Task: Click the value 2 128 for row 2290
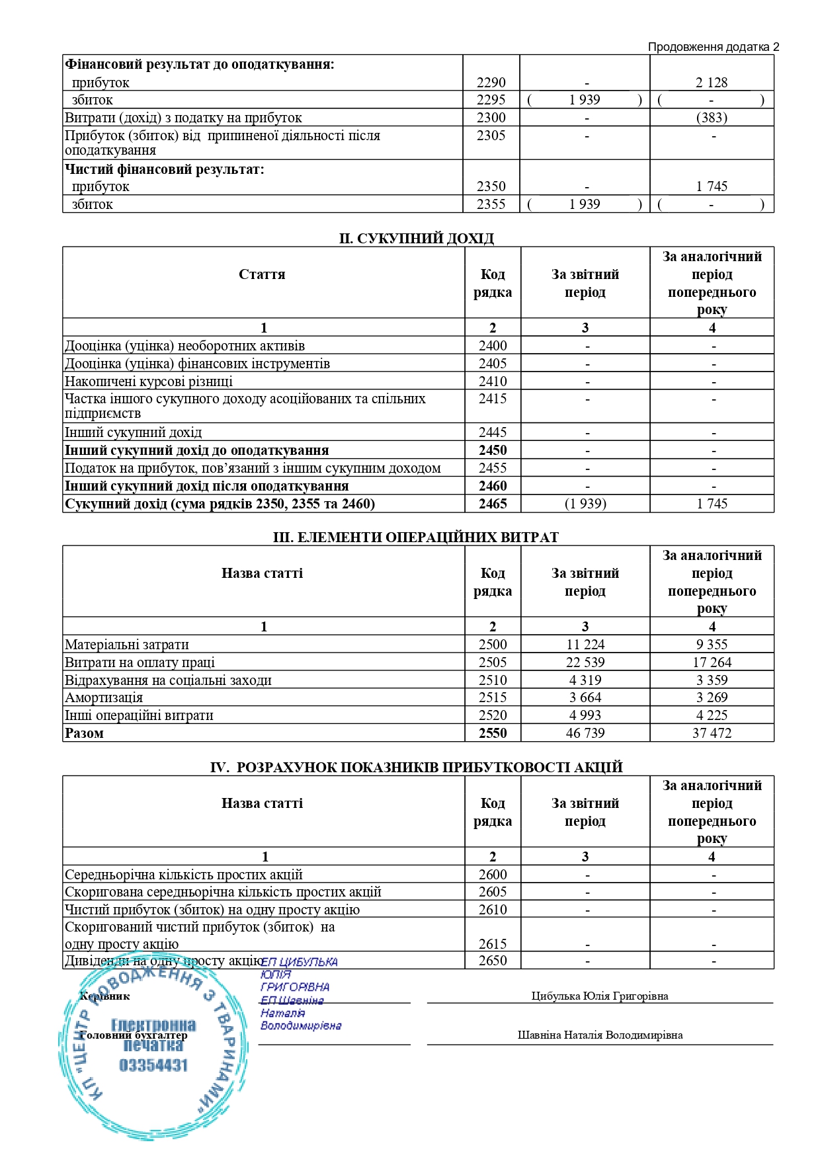point(711,83)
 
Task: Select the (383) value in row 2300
point(712,118)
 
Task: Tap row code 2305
point(491,136)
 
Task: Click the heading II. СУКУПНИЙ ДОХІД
point(417,239)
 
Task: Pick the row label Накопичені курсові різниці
point(149,381)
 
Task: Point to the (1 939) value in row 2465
point(585,504)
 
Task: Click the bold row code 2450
point(493,450)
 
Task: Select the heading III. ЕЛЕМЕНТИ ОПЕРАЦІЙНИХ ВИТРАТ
point(416,538)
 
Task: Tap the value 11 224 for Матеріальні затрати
point(585,645)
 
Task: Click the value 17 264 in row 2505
point(712,662)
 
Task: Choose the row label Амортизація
point(104,698)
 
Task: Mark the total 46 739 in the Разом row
point(585,733)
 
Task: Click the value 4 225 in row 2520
point(712,715)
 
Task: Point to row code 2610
point(493,910)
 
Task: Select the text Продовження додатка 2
point(714,47)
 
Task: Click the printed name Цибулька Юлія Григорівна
point(600,996)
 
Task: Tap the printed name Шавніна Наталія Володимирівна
point(600,1035)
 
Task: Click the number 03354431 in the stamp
point(153,1065)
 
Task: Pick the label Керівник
point(104,996)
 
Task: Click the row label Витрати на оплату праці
point(140,662)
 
